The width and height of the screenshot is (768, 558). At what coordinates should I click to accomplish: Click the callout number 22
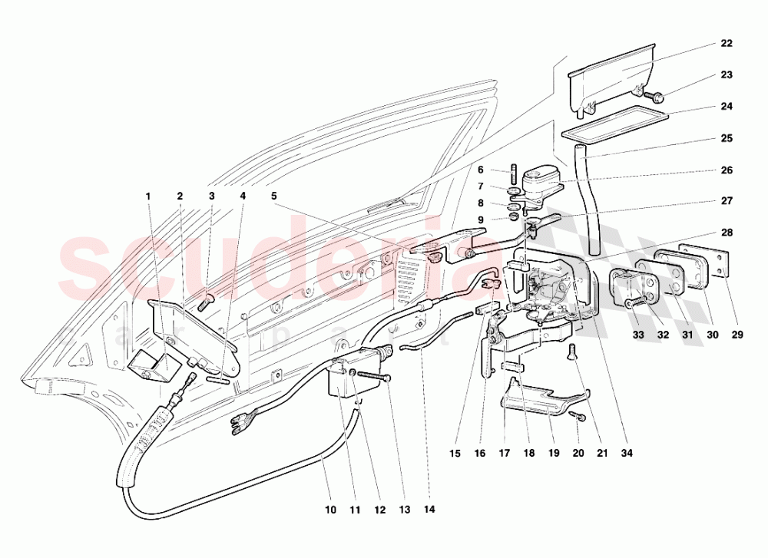tap(727, 44)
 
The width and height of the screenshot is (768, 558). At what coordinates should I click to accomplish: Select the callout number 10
tap(330, 510)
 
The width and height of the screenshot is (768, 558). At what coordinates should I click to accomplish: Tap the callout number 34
tap(627, 454)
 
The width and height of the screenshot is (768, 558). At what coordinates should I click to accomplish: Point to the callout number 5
tap(274, 196)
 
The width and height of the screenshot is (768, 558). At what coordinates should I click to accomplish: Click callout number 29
tap(737, 335)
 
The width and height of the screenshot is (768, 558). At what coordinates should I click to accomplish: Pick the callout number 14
tap(429, 510)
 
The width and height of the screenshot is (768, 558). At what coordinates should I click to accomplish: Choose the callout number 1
tap(148, 196)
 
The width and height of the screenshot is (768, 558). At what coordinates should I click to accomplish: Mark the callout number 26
tap(727, 170)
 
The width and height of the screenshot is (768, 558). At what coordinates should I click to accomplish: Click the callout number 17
tap(504, 454)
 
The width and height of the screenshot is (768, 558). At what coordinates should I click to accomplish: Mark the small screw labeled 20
tap(578, 417)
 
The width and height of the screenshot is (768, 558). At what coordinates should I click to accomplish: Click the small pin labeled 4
tap(217, 380)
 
